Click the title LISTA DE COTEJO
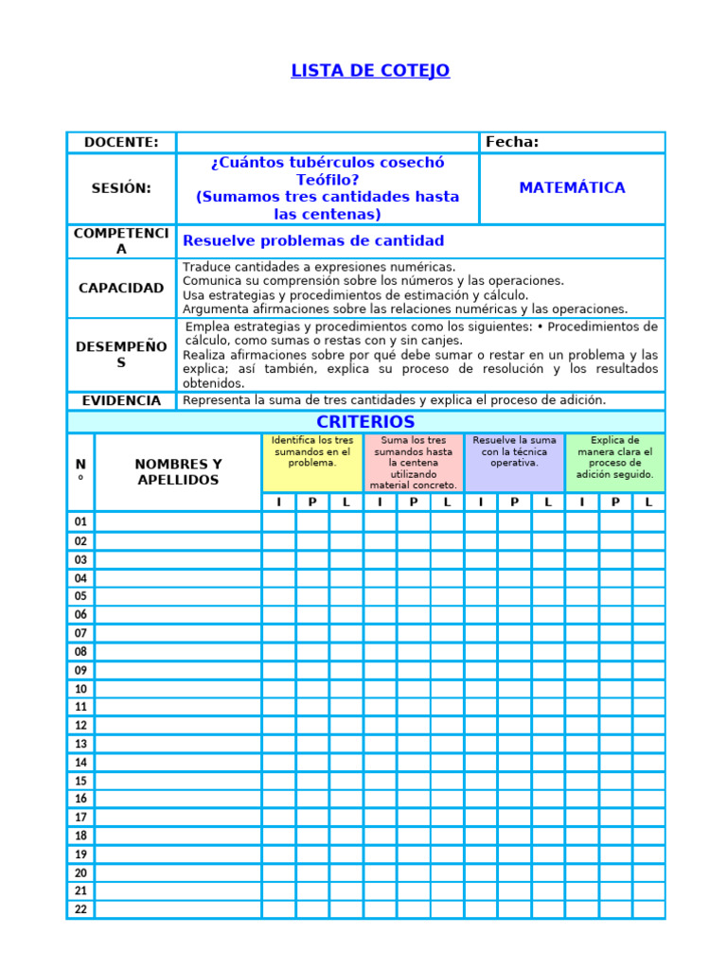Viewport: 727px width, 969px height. (369, 71)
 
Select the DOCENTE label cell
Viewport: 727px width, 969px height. (121, 143)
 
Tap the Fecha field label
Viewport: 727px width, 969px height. (512, 143)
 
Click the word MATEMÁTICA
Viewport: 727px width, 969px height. (572, 188)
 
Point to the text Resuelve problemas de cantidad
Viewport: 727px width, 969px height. (312, 241)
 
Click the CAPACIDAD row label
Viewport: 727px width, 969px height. (121, 288)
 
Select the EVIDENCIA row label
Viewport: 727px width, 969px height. (121, 400)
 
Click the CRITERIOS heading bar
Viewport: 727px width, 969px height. (365, 422)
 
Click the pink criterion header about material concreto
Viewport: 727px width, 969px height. (413, 463)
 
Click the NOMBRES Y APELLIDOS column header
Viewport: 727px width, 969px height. (178, 472)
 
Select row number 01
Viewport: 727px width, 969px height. (80, 522)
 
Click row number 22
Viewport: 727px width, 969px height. (80, 909)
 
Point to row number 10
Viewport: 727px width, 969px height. (80, 689)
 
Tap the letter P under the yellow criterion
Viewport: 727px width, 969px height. (312, 502)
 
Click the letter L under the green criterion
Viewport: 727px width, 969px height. (648, 502)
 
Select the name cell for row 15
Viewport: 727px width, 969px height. (178, 781)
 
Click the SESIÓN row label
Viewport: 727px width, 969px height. (121, 188)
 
